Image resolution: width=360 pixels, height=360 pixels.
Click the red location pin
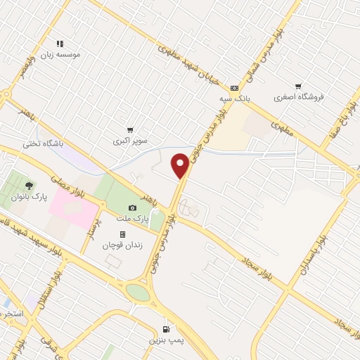coord(181,165)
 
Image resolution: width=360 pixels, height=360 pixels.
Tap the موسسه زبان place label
coord(60,54)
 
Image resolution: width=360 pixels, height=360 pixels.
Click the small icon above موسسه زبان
coord(60,44)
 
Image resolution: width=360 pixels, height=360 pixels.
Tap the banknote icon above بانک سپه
coord(233,88)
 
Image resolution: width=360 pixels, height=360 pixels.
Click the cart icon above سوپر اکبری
coord(130,130)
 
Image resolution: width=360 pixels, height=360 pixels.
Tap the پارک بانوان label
coord(29,197)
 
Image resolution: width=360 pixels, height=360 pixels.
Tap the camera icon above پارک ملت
coord(132,208)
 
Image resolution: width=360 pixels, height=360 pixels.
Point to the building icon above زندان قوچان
coord(122,235)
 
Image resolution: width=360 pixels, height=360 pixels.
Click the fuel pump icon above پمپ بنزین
coord(167,328)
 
